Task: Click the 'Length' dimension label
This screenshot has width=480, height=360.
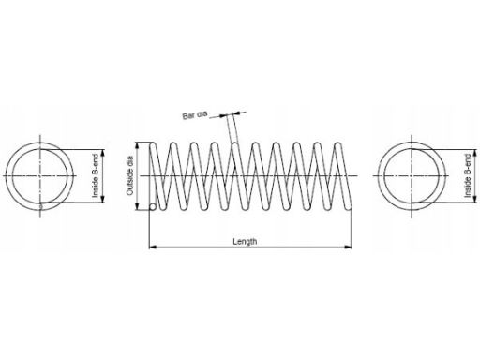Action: pyautogui.click(x=245, y=241)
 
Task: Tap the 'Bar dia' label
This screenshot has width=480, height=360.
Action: pyautogui.click(x=195, y=115)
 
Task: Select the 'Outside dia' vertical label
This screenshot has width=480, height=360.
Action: pyautogui.click(x=130, y=175)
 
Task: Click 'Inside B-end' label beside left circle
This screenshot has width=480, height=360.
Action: pyautogui.click(x=96, y=175)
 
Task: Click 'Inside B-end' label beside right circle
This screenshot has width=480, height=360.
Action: pyautogui.click(x=468, y=175)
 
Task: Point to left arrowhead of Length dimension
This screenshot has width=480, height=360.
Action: pyautogui.click(x=152, y=247)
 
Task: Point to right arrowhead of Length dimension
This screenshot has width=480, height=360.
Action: pyautogui.click(x=348, y=247)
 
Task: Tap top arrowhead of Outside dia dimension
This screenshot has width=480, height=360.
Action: pyautogui.click(x=137, y=146)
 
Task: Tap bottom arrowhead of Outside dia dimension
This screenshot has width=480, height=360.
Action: pyautogui.click(x=137, y=206)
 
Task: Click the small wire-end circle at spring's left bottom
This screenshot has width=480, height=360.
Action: pyautogui.click(x=153, y=207)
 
